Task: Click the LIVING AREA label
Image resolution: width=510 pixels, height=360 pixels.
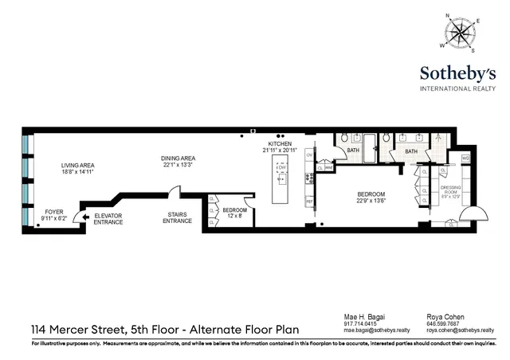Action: click(78, 169)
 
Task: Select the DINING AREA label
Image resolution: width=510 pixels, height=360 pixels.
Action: click(178, 161)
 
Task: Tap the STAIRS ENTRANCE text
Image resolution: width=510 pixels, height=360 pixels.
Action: click(177, 217)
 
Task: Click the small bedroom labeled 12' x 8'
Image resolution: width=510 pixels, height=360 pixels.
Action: click(233, 213)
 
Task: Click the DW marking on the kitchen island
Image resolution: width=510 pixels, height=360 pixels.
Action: click(280, 167)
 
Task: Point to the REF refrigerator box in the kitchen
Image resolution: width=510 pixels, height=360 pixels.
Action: click(310, 202)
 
